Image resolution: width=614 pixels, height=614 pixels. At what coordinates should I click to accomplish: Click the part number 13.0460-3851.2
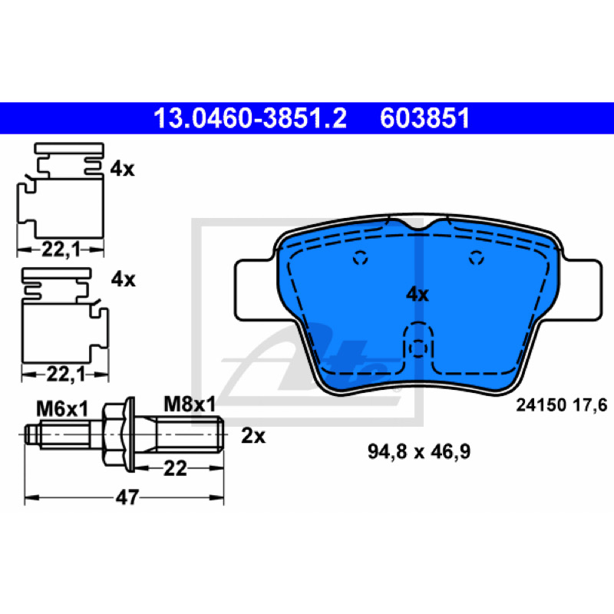point(250,118)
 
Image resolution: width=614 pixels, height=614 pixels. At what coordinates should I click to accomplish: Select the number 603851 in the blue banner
point(424,118)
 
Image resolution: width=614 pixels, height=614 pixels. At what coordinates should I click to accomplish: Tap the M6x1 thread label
point(62,409)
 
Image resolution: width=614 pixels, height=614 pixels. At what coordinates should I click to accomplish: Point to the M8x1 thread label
point(190,404)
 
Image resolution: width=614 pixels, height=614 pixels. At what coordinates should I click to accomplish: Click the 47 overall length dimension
point(127,497)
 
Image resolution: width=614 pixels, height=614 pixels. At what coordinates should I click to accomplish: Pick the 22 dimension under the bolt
point(175,468)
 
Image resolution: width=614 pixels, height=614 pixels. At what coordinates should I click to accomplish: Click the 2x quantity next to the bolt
point(253,435)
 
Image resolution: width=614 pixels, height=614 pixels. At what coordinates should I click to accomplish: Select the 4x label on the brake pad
point(418,294)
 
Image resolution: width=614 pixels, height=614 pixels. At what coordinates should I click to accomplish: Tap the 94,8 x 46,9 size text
point(419,451)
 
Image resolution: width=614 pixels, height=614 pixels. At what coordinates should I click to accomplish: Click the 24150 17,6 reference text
point(562,405)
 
